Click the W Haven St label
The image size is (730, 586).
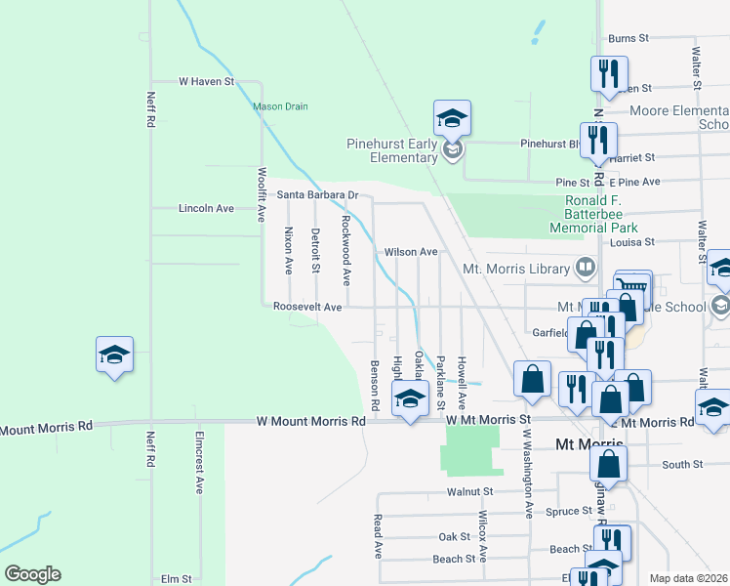(207, 82)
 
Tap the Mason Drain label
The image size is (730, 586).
(280, 107)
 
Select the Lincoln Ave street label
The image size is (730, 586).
(207, 209)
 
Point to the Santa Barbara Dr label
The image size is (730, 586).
(318, 194)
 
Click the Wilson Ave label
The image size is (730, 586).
(411, 252)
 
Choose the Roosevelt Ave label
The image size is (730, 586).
(307, 307)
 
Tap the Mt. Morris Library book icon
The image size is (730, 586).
(585, 267)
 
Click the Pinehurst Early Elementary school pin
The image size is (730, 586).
(452, 118)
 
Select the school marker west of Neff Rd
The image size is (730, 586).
(114, 355)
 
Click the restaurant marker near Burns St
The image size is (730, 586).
(608, 73)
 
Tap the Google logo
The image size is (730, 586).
(32, 574)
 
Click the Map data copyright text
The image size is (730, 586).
(689, 578)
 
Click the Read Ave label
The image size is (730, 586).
(378, 537)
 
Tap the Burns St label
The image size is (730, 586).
(629, 39)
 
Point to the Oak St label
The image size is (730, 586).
(455, 537)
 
